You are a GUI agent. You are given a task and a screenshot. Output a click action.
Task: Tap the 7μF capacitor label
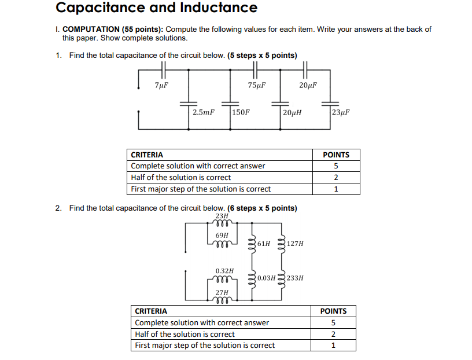[162, 85]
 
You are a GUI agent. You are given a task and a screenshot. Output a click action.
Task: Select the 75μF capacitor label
[256, 85]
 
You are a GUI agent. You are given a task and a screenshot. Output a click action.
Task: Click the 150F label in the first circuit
[241, 112]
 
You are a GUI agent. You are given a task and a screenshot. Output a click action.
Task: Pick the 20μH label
[292, 112]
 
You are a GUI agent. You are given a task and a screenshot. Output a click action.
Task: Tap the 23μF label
[341, 112]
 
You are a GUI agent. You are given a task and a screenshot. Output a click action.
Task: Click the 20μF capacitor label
[308, 85]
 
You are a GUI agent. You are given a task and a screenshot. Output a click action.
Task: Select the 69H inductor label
[222, 236]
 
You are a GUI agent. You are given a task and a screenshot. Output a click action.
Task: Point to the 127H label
[294, 244]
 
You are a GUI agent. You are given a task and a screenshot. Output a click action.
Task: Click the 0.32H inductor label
[224, 270]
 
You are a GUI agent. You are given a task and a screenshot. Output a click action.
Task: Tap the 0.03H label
[266, 278]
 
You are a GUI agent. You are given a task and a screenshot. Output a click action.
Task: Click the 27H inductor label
[221, 293]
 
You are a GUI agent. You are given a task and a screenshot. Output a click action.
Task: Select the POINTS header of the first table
[335, 155]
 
